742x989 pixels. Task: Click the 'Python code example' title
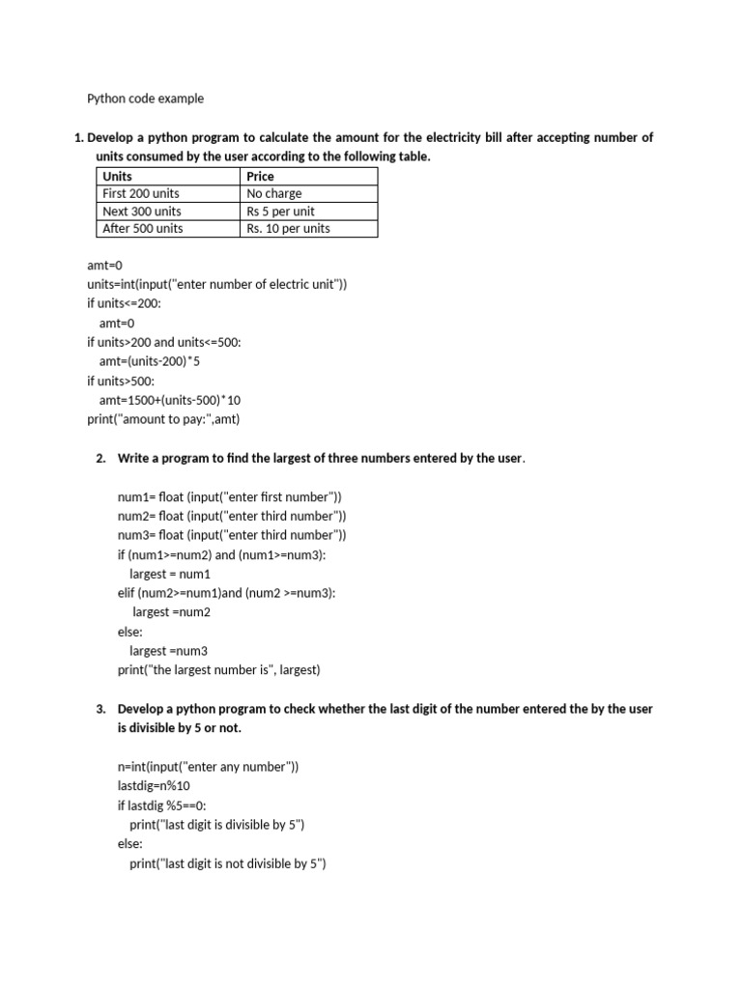[x=146, y=99]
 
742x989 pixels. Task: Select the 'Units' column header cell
[x=118, y=177]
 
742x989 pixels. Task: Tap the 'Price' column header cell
[x=261, y=177]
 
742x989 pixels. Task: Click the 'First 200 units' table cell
[x=141, y=193]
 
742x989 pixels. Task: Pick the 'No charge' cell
[x=274, y=193]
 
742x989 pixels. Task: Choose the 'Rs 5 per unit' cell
[x=280, y=211]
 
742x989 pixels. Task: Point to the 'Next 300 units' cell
[x=142, y=211]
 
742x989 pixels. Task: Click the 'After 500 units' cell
[x=142, y=228]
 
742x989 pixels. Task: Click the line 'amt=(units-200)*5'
[x=149, y=360]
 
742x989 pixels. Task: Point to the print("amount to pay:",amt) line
[x=163, y=419]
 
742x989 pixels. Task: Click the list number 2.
[x=100, y=458]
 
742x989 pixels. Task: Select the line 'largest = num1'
[x=169, y=574]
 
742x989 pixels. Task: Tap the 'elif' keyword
[x=126, y=593]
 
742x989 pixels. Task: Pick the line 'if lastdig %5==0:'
[x=162, y=805]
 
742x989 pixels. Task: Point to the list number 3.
[x=100, y=709]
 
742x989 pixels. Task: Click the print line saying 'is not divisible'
[x=228, y=863]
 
